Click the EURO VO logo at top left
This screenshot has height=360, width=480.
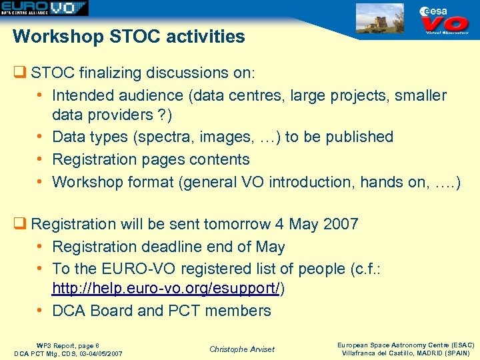(x=44, y=8)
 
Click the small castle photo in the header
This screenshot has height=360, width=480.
(x=380, y=18)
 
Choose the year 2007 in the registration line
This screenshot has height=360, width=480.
(x=340, y=224)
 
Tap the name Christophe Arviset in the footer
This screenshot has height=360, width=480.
(x=241, y=349)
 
